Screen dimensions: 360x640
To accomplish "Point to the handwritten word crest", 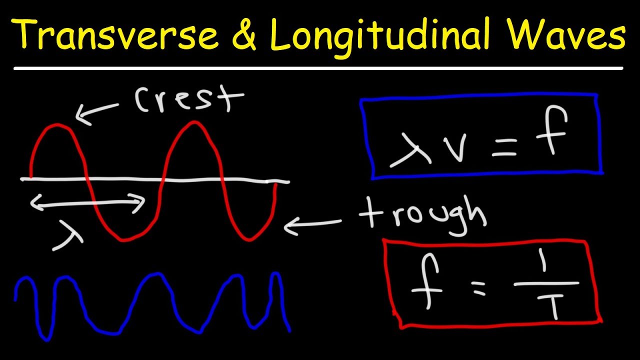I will click(x=188, y=100).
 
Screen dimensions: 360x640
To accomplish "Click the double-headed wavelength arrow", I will click(x=87, y=202).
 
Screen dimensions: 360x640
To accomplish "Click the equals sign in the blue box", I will click(x=504, y=147).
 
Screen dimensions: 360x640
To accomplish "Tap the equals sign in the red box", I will click(x=478, y=289).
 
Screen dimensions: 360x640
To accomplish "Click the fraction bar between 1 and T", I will click(x=546, y=284).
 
